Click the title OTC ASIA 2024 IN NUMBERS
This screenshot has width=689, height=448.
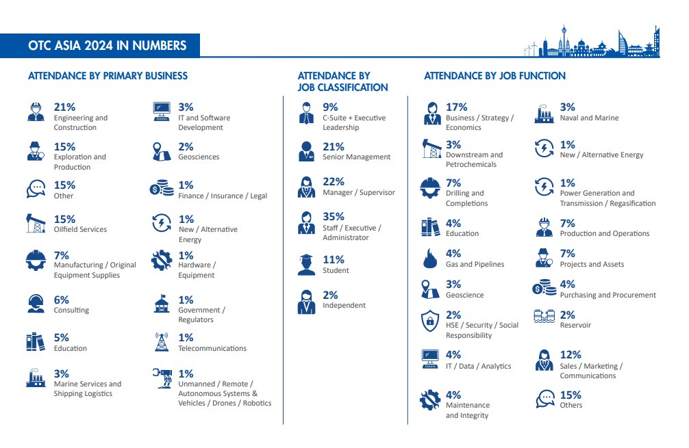tap(108, 46)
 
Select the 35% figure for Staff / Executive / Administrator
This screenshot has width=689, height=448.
tap(334, 217)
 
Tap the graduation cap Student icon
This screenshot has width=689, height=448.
tap(307, 264)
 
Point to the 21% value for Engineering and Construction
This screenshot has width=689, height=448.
tap(64, 107)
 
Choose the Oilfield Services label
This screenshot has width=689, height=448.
tap(80, 230)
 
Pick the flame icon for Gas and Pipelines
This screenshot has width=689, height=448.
tap(430, 259)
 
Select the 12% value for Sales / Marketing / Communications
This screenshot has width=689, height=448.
tap(571, 354)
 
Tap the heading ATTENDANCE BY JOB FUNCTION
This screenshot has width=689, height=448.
tap(494, 76)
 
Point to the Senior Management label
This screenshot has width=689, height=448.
tap(356, 157)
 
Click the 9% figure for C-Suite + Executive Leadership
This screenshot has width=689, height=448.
tap(330, 107)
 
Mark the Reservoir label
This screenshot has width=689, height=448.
tap(575, 326)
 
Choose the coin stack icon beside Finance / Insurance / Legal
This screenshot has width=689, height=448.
tap(162, 189)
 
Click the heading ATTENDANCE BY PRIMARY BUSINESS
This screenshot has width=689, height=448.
tap(108, 76)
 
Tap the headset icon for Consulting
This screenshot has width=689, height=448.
tap(36, 303)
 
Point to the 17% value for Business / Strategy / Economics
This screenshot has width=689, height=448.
tap(456, 107)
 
